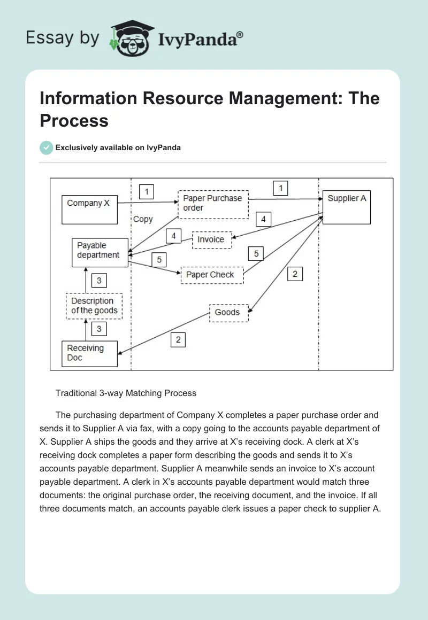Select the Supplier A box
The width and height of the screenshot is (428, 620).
pos(347,207)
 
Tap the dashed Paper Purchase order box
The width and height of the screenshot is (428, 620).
pos(213,204)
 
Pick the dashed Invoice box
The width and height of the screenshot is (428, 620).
pos(211,240)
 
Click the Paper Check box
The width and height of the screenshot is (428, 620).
pos(212,275)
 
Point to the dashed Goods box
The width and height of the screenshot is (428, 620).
pos(228,312)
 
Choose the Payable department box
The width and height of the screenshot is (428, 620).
pos(100,252)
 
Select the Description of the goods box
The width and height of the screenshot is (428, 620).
pos(94,306)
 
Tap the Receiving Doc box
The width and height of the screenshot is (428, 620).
pos(89,353)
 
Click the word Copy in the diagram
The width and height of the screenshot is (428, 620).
pos(143,219)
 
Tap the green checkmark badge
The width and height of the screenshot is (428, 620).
pos(47,148)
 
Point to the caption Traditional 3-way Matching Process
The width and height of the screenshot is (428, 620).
pos(126,393)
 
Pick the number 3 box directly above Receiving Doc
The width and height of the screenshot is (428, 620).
pos(99,329)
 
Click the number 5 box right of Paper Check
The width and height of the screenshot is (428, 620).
pos(256,253)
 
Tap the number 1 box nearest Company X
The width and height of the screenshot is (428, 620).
pos(146,191)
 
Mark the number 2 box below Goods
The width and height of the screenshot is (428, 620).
pos(178,339)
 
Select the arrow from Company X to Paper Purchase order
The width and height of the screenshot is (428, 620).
pos(147,203)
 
